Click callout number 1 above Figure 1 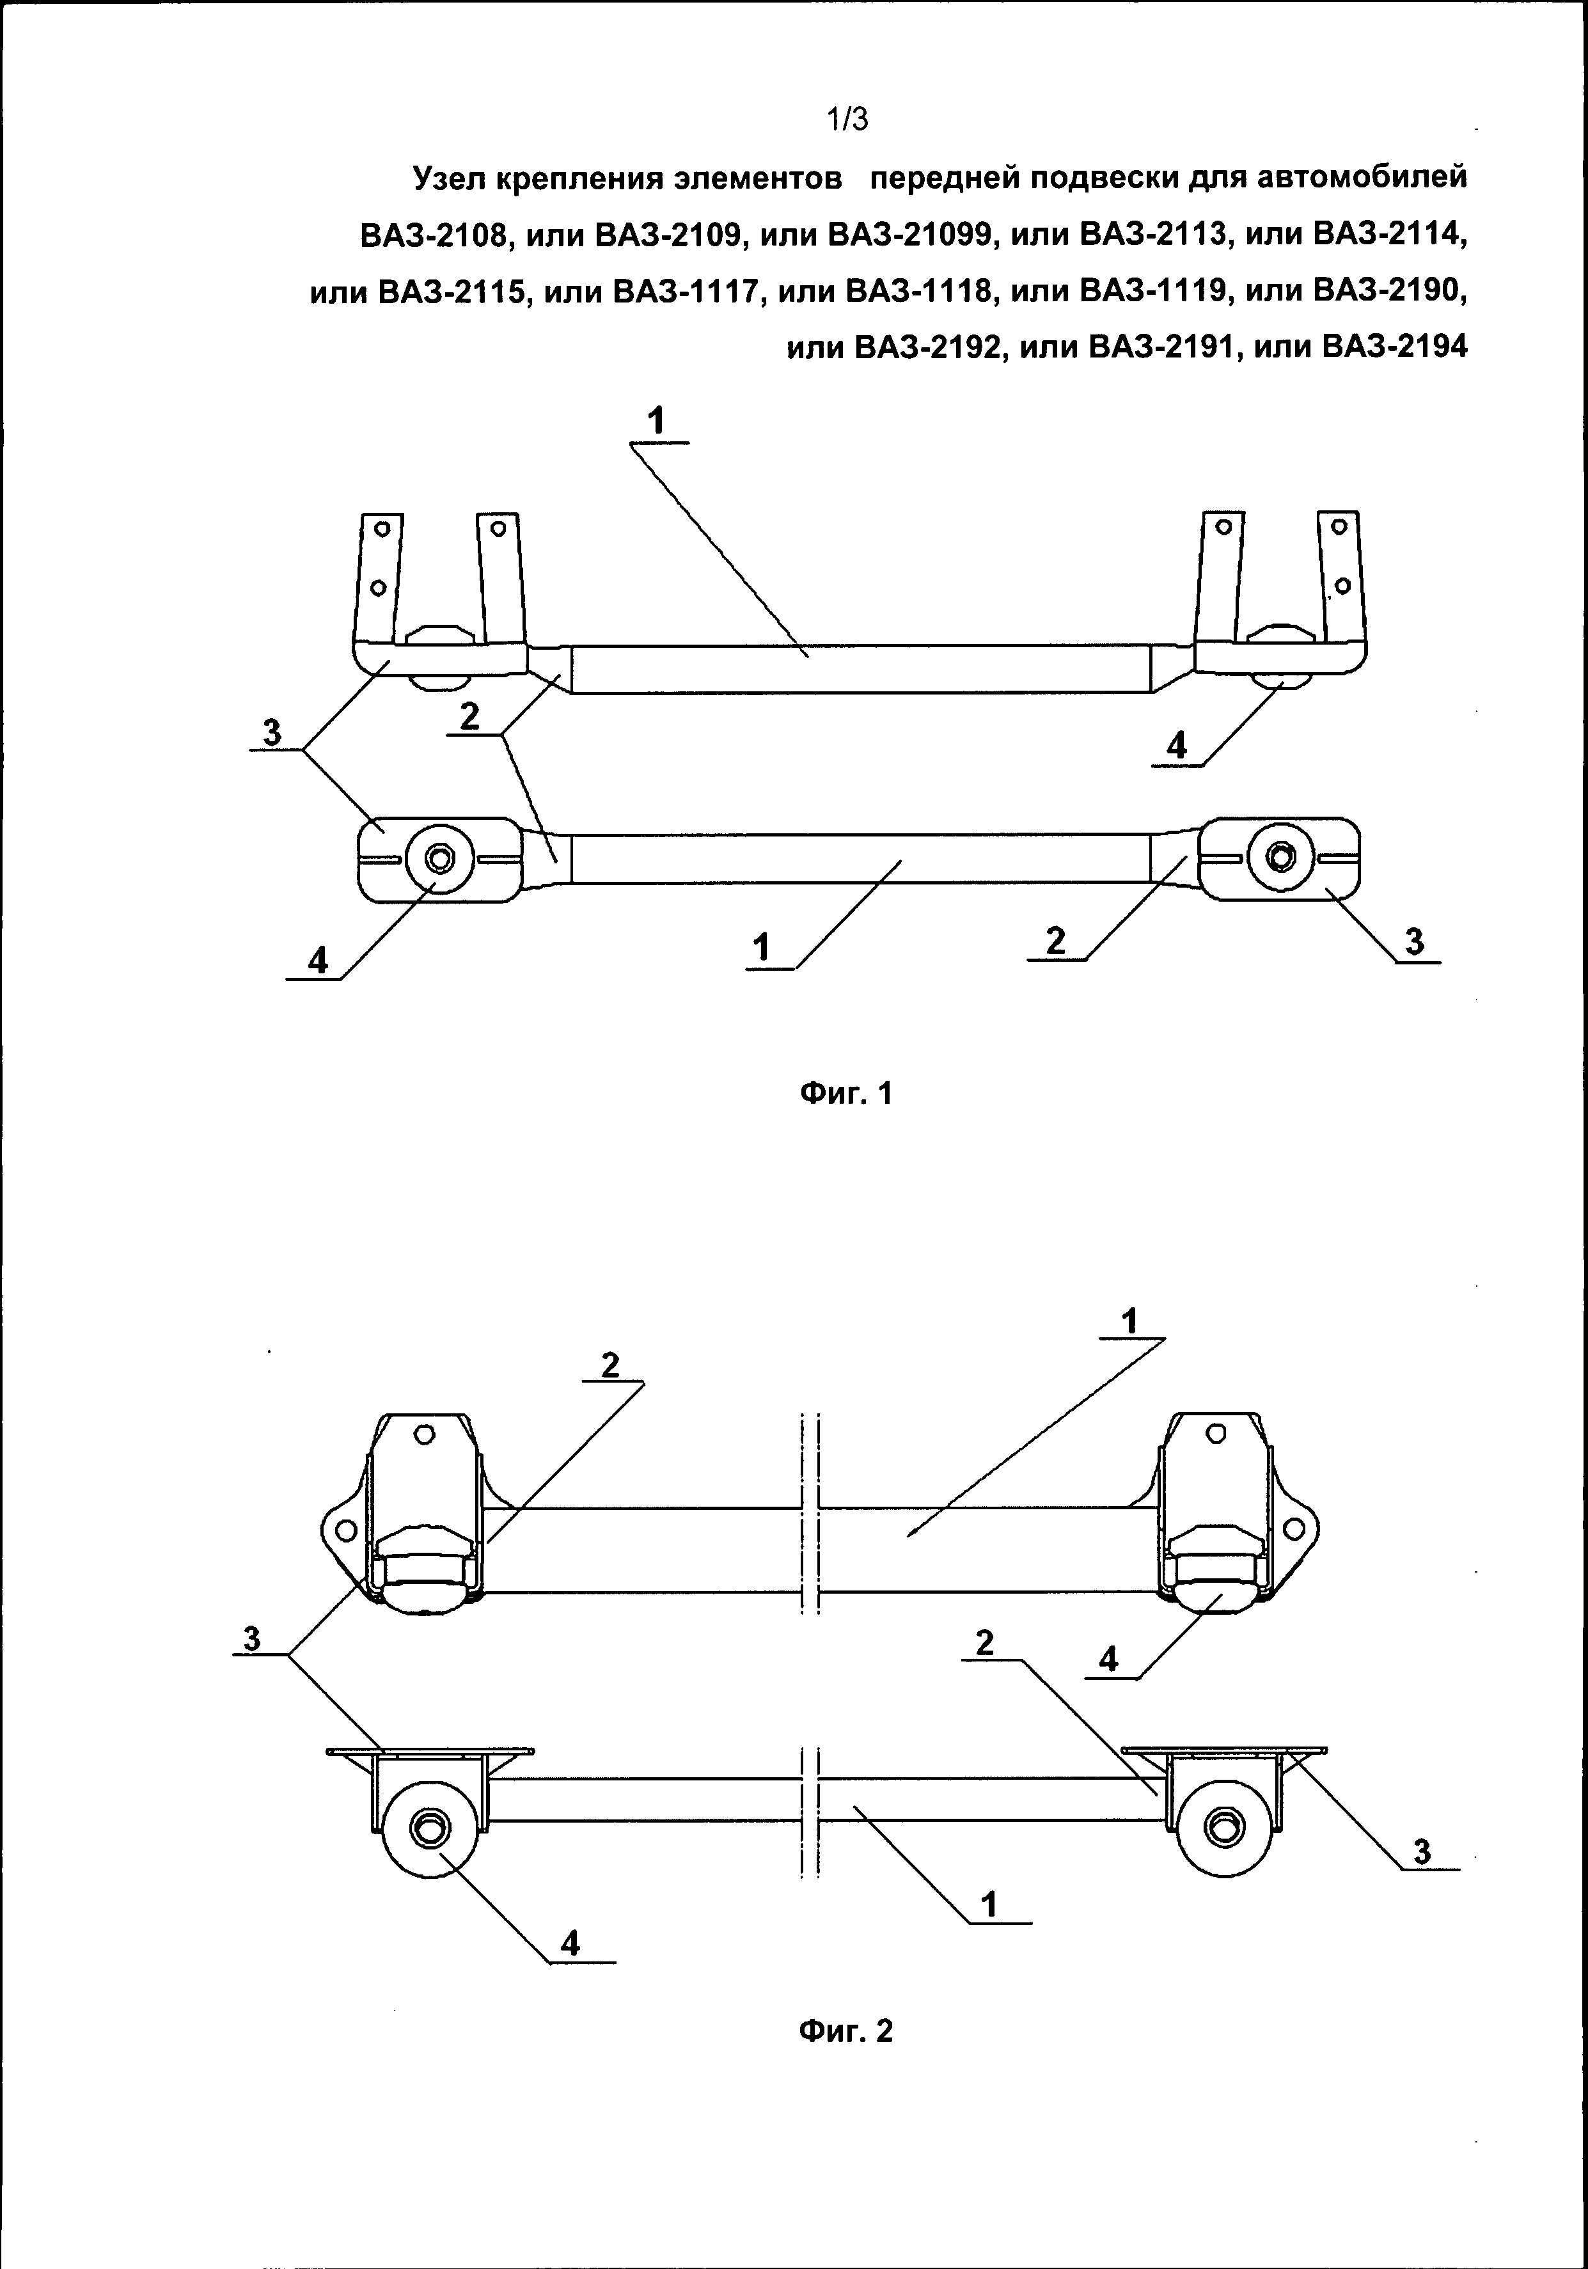(x=656, y=422)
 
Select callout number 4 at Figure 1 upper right (x=1176, y=745)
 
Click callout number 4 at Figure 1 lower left (x=318, y=959)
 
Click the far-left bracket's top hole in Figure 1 (x=379, y=530)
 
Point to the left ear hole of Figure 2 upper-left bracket (x=345, y=1531)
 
